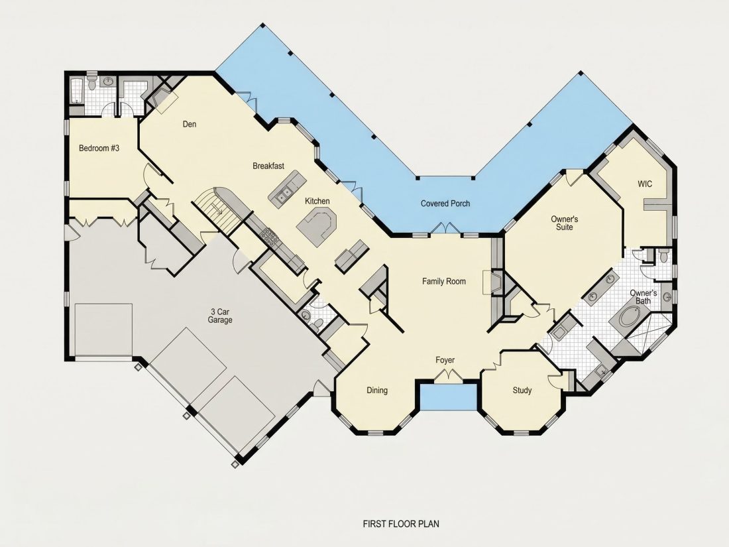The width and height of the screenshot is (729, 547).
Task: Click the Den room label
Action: [190, 124]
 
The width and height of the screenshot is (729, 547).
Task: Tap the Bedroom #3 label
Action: [99, 149]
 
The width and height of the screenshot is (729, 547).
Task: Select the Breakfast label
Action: [268, 166]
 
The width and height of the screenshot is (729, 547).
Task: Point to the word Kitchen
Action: [317, 201]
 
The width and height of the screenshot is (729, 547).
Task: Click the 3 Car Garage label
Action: [220, 316]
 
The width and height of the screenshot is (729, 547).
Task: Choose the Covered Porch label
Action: [445, 204]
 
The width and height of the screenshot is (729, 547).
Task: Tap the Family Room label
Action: [444, 281]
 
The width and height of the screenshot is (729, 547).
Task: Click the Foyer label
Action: [445, 360]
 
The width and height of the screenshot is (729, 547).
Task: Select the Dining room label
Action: [377, 391]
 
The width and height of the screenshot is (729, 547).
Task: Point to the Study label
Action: [522, 391]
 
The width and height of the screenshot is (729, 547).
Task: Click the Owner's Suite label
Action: [565, 223]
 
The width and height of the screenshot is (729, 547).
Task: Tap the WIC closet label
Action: [645, 184]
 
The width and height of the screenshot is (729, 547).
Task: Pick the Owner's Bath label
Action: [644, 297]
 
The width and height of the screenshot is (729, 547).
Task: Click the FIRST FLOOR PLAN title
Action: [401, 524]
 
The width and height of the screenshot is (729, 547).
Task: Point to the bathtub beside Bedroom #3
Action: [76, 90]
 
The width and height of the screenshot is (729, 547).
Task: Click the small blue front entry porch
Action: [448, 397]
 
